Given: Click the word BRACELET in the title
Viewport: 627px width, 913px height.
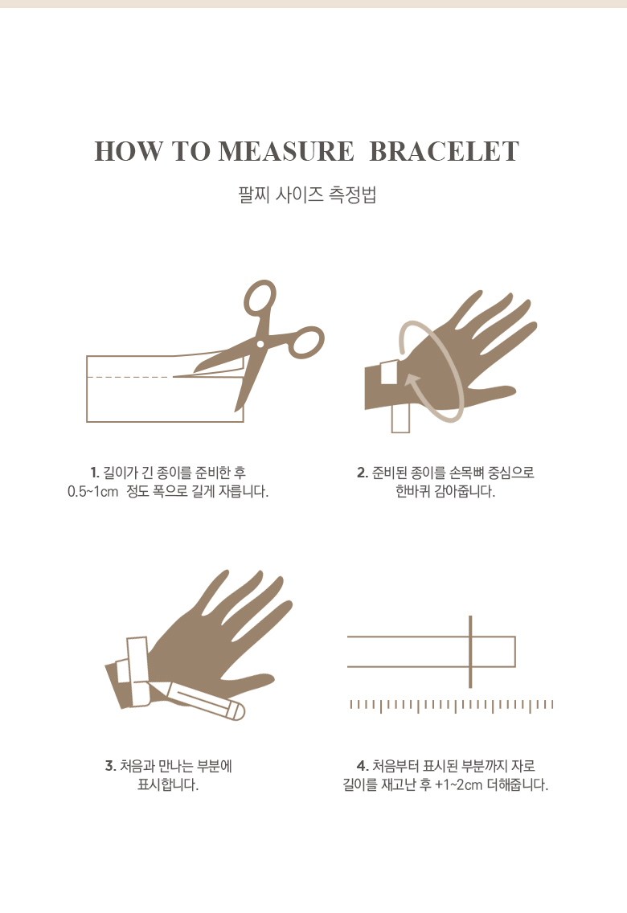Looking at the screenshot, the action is (x=444, y=151).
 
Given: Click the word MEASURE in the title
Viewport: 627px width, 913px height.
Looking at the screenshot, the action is (x=285, y=151).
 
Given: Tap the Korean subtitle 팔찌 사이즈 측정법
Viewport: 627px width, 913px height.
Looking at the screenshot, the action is (x=307, y=194).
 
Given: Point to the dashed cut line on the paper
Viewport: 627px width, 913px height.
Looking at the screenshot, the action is (x=130, y=377).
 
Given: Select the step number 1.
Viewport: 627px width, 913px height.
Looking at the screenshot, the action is (x=95, y=473).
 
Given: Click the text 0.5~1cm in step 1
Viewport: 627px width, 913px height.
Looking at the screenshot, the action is (x=92, y=491).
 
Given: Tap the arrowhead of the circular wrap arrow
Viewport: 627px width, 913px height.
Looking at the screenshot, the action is (x=413, y=381).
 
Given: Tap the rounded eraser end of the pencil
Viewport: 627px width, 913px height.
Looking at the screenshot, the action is (x=238, y=711).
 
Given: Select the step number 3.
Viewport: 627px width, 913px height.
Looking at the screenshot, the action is (x=110, y=766).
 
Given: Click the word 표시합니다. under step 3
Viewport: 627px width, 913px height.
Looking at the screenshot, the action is (x=168, y=785).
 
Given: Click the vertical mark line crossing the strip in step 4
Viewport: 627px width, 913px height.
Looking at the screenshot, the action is (x=470, y=652).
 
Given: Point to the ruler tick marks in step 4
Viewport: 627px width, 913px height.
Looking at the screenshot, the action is (x=452, y=706).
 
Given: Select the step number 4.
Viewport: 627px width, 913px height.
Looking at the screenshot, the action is (x=362, y=766).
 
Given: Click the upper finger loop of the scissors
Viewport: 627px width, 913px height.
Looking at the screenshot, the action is (x=260, y=298).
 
